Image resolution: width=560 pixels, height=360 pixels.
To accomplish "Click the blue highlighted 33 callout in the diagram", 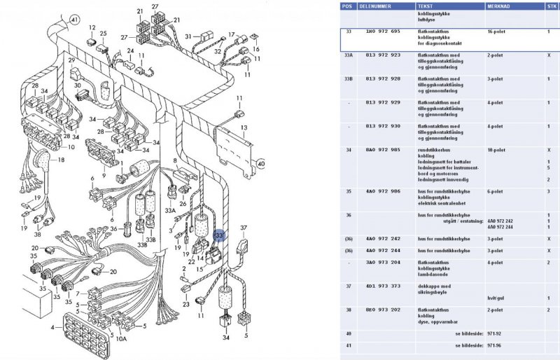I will pos(219,236).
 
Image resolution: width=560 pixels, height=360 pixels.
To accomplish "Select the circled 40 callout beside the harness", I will pos(261,164).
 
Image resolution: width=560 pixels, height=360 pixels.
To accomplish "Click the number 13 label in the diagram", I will pos(244,127).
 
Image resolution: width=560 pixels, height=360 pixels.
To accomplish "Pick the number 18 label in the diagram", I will pos(60,160).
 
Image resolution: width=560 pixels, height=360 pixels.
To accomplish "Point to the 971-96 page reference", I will pos(496,345).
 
